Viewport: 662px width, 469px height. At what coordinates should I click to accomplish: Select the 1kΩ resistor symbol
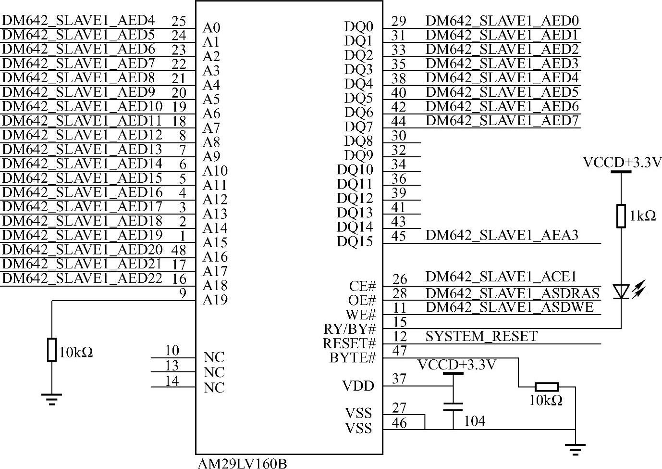click(621, 215)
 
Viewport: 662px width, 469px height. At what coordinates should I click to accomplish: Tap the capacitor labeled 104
click(453, 406)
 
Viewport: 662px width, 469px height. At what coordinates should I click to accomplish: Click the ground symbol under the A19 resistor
click(51, 399)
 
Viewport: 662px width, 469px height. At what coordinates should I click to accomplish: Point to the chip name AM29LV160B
click(242, 463)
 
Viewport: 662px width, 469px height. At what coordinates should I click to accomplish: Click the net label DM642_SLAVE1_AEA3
click(502, 235)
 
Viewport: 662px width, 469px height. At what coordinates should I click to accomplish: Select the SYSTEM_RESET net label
click(481, 336)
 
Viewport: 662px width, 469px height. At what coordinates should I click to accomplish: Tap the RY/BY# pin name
click(349, 329)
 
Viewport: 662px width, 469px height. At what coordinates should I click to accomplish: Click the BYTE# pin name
click(352, 358)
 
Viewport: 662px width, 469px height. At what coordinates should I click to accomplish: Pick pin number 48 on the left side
click(179, 250)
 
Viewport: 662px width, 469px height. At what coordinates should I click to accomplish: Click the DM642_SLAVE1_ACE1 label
click(501, 277)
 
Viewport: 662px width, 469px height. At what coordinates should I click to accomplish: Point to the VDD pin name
click(358, 386)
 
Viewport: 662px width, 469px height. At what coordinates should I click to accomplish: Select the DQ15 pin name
click(355, 241)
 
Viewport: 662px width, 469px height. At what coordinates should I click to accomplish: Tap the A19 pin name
click(215, 300)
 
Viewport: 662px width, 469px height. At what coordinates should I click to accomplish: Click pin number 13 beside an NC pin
click(172, 366)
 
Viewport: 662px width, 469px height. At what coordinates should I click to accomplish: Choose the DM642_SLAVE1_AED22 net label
click(82, 278)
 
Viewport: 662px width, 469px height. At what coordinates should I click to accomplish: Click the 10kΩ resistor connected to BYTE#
click(547, 386)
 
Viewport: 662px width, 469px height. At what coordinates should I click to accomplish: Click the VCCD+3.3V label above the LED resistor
click(622, 163)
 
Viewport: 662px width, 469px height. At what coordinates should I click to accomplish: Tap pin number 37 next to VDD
click(399, 379)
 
